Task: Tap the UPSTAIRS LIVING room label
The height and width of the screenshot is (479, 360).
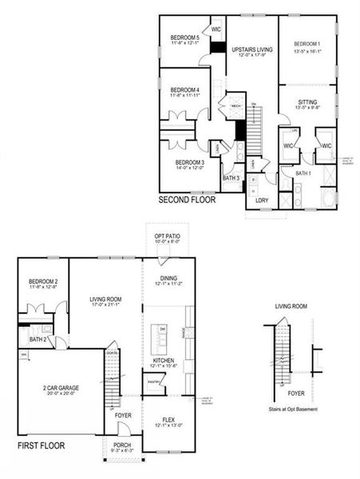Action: point(252,49)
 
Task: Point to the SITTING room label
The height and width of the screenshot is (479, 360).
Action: point(307,103)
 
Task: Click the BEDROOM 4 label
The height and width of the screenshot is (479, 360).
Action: point(184,89)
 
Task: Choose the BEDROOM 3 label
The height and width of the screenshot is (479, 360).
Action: point(190,162)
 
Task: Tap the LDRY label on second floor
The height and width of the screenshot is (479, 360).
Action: point(262,200)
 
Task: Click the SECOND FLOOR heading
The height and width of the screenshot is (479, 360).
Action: point(188,200)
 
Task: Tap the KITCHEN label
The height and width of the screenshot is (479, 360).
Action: point(164,361)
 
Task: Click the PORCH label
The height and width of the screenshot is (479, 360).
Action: point(122,445)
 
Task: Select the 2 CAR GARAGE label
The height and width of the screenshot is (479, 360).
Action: point(61,388)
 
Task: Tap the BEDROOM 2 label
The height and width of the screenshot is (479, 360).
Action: point(44,281)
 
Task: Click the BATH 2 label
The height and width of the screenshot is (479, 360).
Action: point(37,340)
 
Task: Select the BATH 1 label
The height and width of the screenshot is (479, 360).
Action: point(303,172)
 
